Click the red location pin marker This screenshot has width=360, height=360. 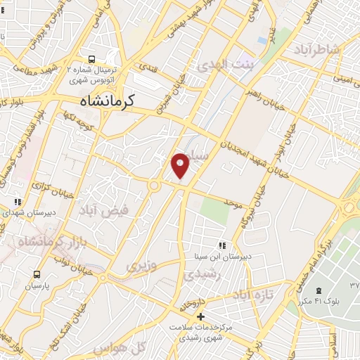tap(181, 165)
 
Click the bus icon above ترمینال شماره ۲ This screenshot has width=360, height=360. tap(92, 58)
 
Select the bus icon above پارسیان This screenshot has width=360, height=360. tap(36, 275)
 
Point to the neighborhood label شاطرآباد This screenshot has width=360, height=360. tap(323, 50)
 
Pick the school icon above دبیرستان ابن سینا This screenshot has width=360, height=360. tap(222, 245)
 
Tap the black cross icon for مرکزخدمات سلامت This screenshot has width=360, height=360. tap(200, 317)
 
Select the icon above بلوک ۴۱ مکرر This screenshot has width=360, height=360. tap(320, 290)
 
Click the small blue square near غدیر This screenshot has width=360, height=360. tap(262, 40)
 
